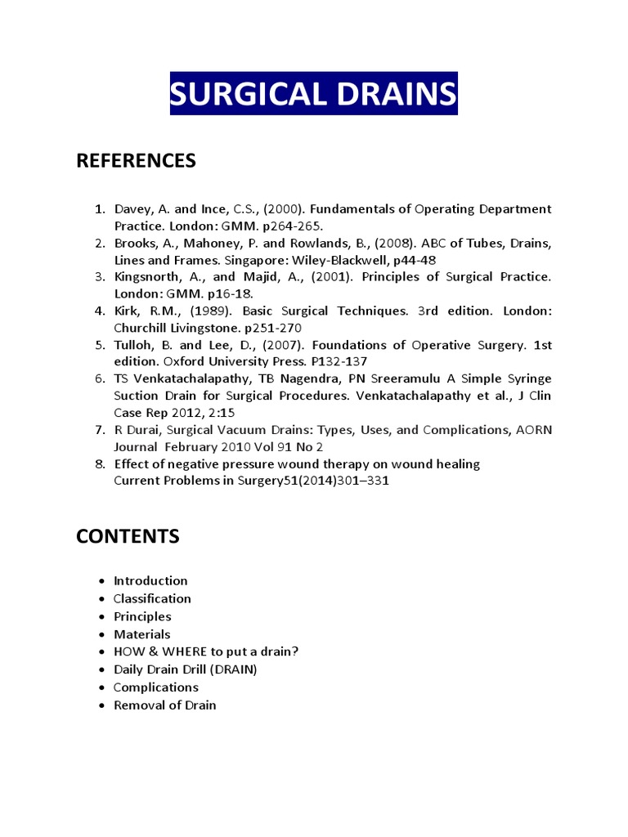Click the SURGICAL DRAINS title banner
click(314, 95)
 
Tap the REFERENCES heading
click(136, 161)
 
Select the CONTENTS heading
click(127, 536)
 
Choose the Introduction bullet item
click(150, 581)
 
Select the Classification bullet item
click(152, 599)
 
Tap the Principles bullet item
click(142, 616)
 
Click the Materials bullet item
click(142, 634)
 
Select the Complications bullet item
click(156, 687)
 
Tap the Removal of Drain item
click(165, 705)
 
